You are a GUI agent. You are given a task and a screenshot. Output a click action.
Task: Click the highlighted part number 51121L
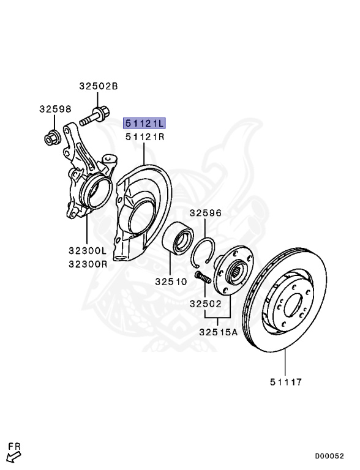tap(144, 123)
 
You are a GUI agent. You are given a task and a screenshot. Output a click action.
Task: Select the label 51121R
tap(145, 137)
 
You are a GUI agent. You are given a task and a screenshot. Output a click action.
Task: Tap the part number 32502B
tap(99, 86)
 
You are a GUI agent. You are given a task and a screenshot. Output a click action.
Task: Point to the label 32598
tap(56, 109)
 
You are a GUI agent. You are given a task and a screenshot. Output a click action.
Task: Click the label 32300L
tap(88, 250)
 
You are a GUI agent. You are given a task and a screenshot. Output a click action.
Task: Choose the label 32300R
tap(88, 264)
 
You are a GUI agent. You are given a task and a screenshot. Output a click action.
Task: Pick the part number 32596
tap(206, 213)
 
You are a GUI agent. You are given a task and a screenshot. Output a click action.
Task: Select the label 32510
tap(171, 282)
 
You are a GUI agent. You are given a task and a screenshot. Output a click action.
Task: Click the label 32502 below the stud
tap(206, 304)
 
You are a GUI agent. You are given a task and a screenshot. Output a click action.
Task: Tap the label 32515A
tap(218, 332)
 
